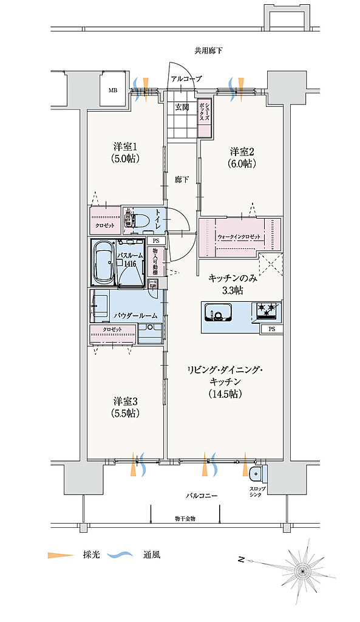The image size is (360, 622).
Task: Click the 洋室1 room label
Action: (127, 152)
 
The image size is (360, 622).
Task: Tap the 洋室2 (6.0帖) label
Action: (242, 157)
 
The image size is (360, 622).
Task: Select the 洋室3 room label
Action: (127, 407)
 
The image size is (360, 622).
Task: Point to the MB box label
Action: (113, 91)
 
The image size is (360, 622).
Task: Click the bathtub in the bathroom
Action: (104, 262)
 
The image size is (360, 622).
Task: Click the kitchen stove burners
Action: (267, 310)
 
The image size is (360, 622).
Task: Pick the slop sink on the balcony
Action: (256, 473)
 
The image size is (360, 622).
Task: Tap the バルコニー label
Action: (202, 496)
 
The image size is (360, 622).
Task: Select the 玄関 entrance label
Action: (182, 107)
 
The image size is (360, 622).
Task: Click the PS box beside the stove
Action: (271, 329)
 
